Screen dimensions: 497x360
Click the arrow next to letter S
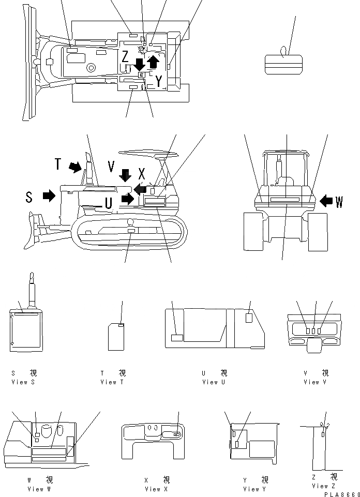click(x=49, y=195)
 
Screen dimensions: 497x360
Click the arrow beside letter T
click(x=76, y=167)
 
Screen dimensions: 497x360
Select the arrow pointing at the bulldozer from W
click(x=326, y=200)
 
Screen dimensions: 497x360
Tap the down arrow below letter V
click(x=125, y=175)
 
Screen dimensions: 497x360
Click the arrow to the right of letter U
click(x=127, y=199)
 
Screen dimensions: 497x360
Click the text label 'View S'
click(x=23, y=382)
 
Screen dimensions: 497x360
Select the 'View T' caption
click(x=112, y=382)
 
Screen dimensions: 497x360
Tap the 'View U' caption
click(x=214, y=382)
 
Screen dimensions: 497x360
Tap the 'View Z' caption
click(x=324, y=486)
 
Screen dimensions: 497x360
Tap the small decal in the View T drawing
click(x=121, y=325)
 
